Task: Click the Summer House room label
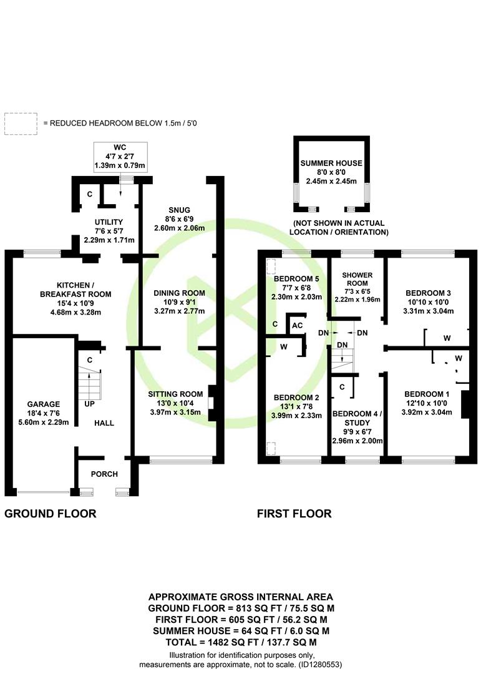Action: (x=331, y=164)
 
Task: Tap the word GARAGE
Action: (x=44, y=404)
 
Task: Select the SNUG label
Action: (x=179, y=210)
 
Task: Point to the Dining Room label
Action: (x=179, y=293)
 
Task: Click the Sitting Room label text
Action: (x=175, y=394)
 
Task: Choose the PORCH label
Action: (x=104, y=474)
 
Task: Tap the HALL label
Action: (x=104, y=423)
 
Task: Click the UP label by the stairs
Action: (x=89, y=404)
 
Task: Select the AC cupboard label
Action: (x=298, y=326)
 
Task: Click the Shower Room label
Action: (x=357, y=279)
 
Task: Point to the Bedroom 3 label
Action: (x=428, y=293)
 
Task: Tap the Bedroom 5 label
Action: (x=296, y=278)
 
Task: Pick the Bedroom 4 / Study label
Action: (x=357, y=418)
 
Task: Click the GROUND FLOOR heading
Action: (x=51, y=514)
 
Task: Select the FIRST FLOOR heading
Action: (x=294, y=514)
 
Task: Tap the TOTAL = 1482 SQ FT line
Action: (x=241, y=642)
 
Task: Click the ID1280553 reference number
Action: (x=319, y=665)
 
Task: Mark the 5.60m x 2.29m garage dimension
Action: (x=44, y=422)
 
